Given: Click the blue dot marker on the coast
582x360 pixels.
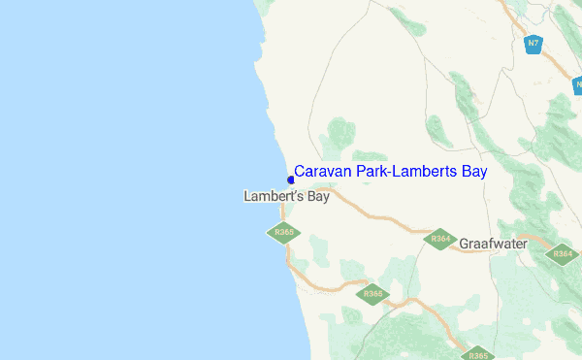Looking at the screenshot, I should click(290, 180).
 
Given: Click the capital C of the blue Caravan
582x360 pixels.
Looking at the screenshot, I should click(300, 172).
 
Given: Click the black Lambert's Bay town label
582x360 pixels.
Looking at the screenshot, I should click(286, 196).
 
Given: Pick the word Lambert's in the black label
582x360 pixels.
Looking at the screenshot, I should click(273, 196).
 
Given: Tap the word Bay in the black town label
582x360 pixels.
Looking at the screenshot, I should click(317, 197).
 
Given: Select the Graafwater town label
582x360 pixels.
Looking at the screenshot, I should click(493, 244).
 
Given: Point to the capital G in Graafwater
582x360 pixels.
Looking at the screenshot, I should click(466, 244).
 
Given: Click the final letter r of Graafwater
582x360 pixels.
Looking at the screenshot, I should click(524, 244).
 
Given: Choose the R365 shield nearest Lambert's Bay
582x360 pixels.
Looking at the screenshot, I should click(283, 233).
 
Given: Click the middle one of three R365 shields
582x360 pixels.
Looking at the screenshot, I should click(372, 294).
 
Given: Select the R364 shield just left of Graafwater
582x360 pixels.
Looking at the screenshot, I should click(439, 239).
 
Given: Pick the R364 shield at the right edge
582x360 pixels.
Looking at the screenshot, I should click(563, 254).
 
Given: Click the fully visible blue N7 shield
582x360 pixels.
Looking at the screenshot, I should click(533, 44).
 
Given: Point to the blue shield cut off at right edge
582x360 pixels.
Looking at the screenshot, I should click(578, 85).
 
